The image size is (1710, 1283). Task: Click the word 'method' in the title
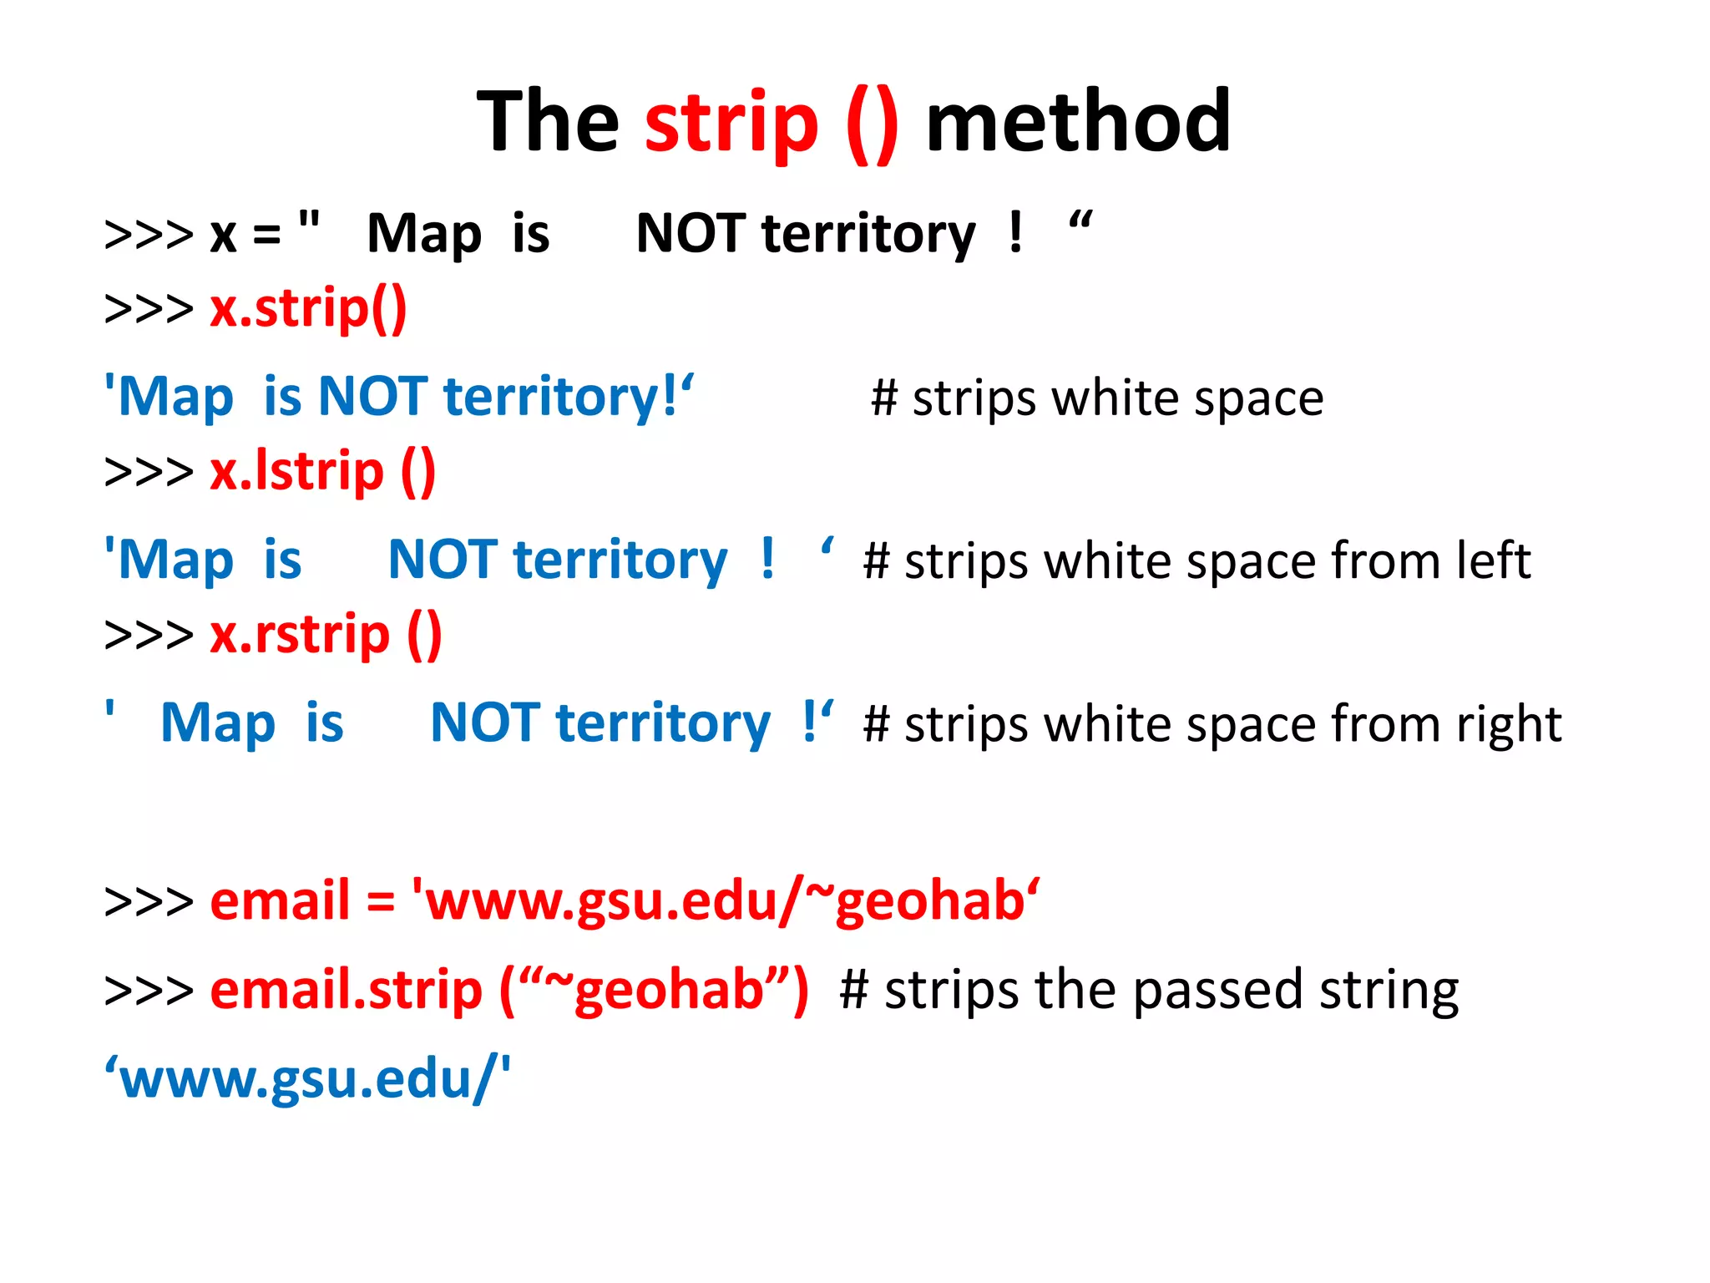pyautogui.click(x=1078, y=122)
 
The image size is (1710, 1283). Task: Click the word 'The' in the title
pyautogui.click(x=548, y=122)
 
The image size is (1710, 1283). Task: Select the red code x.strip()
pyautogui.click(x=308, y=309)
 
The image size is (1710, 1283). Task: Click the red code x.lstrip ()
pyautogui.click(x=322, y=472)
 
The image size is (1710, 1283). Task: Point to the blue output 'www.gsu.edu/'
pyautogui.click(x=307, y=1079)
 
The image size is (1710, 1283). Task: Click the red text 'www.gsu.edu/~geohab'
pyautogui.click(x=726, y=902)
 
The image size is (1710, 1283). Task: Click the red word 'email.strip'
pyautogui.click(x=346, y=991)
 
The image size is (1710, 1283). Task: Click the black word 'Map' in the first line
pyautogui.click(x=424, y=235)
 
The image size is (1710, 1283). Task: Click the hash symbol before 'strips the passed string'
pyautogui.click(x=854, y=991)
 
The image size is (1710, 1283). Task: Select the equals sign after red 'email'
pyautogui.click(x=380, y=903)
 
